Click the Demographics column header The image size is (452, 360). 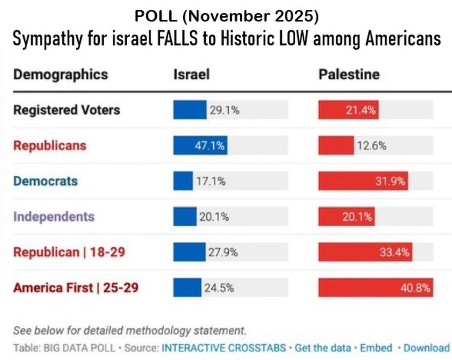coord(60,74)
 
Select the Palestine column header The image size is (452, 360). coord(349,74)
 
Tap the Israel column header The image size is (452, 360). coord(191,74)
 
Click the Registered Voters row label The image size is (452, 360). coord(66,110)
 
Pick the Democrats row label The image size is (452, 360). coord(45,181)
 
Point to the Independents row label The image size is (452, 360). coord(53,216)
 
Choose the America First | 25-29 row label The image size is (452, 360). coord(75,288)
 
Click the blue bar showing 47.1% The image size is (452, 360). coord(200,145)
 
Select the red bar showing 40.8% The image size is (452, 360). coord(375,288)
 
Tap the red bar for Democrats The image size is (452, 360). coord(363,181)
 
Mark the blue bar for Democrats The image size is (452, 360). coord(183,181)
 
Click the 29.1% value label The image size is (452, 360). coord(224,110)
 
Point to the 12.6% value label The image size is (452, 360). coord(371,145)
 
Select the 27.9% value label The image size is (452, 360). coord(223,252)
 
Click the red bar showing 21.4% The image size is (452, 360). coord(348,110)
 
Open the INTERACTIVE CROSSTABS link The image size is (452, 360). coord(224,348)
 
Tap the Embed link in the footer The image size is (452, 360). coord(376,348)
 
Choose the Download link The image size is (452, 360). coord(426,348)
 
